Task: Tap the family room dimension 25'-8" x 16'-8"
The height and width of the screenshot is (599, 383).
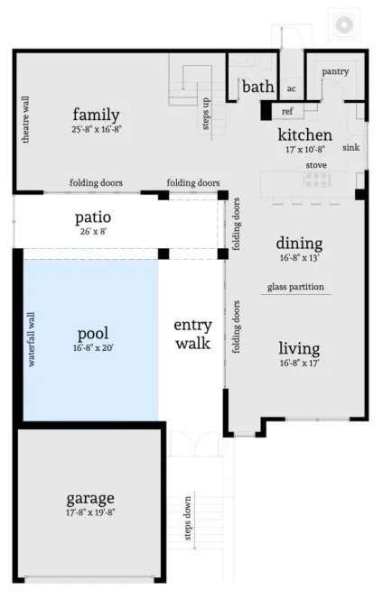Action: [x=97, y=129]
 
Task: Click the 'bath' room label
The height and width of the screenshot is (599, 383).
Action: [x=258, y=87]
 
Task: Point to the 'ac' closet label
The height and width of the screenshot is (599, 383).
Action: [x=292, y=88]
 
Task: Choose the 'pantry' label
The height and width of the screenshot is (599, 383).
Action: [x=334, y=71]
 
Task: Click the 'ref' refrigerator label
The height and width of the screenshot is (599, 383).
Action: [x=287, y=111]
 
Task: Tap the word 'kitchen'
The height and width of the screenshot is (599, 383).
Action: [x=304, y=135]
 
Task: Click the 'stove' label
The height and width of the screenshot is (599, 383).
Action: [x=316, y=165]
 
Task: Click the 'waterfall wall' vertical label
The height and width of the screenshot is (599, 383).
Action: [x=31, y=339]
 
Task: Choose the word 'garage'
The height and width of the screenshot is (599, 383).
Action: [x=89, y=498]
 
